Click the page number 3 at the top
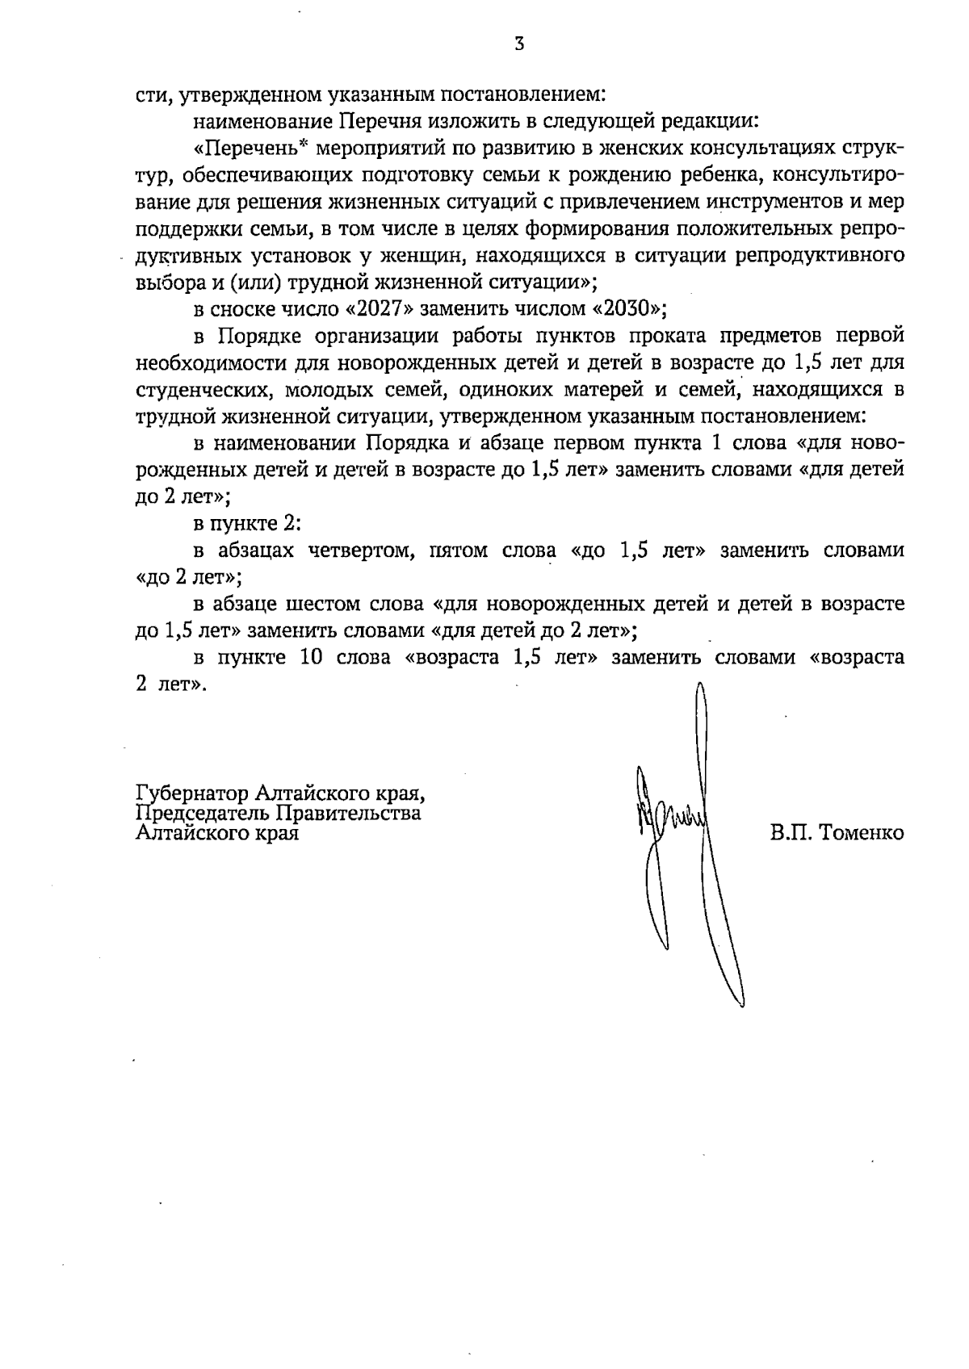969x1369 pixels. tap(519, 45)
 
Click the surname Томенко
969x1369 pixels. tap(860, 833)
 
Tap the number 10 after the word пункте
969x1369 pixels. tap(312, 657)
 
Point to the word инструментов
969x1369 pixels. tap(782, 202)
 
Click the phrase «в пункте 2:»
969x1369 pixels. tap(246, 524)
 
